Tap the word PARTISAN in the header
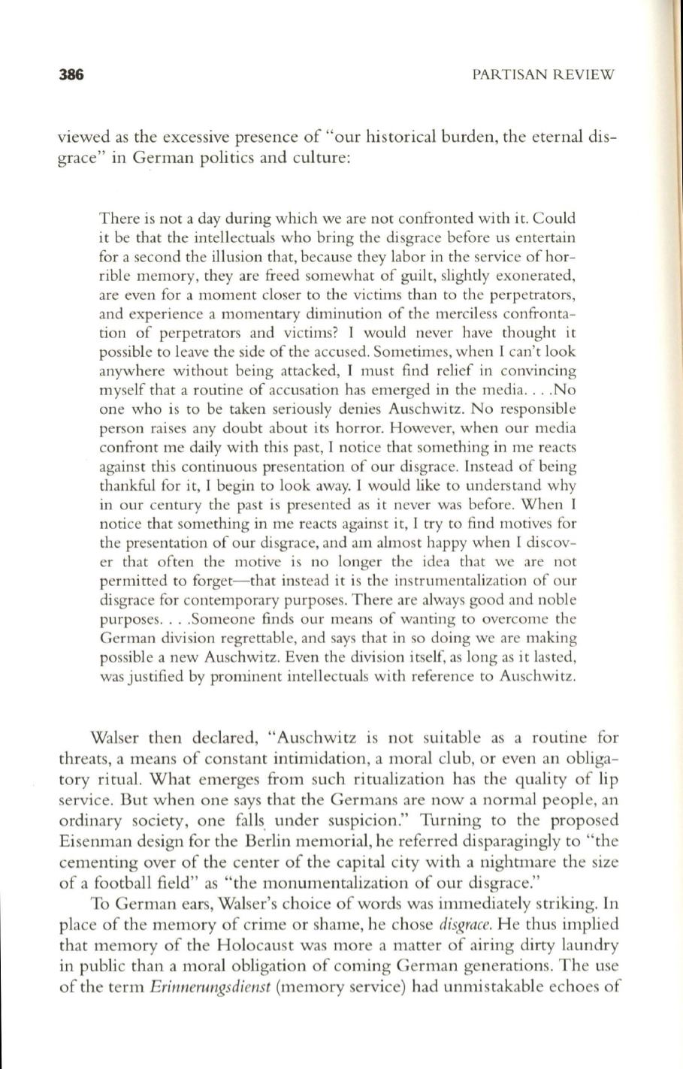pyautogui.click(x=509, y=74)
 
